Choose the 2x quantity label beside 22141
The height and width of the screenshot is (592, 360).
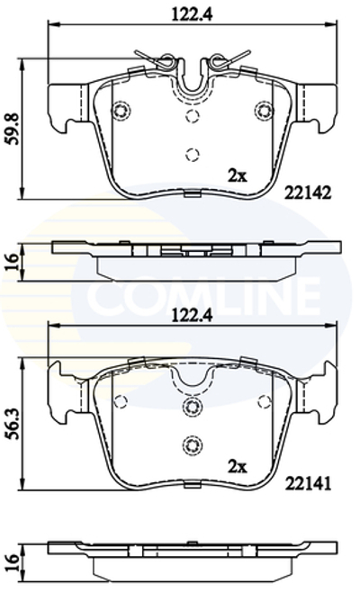tap(237, 466)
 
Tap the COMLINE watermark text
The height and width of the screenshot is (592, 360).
tap(202, 293)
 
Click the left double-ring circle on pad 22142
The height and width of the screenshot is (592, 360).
tap(121, 111)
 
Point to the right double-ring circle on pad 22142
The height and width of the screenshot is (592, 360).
tap(263, 111)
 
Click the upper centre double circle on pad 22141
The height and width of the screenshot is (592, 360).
tap(191, 408)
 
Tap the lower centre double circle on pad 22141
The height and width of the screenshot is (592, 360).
tap(191, 444)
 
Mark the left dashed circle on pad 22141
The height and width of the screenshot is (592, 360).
tap(121, 400)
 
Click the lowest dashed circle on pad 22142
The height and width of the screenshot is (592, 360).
tap(191, 153)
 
